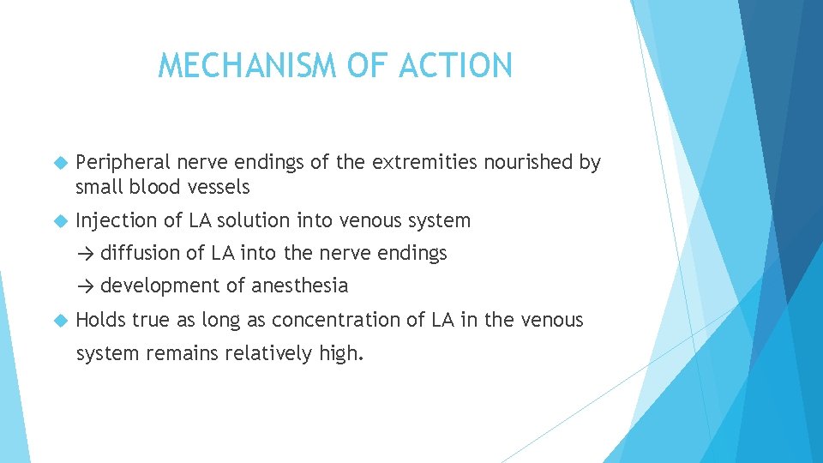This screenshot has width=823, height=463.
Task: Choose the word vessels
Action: (x=222, y=187)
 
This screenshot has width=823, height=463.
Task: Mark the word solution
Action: (x=254, y=221)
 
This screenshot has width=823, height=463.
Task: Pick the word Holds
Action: (x=99, y=321)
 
